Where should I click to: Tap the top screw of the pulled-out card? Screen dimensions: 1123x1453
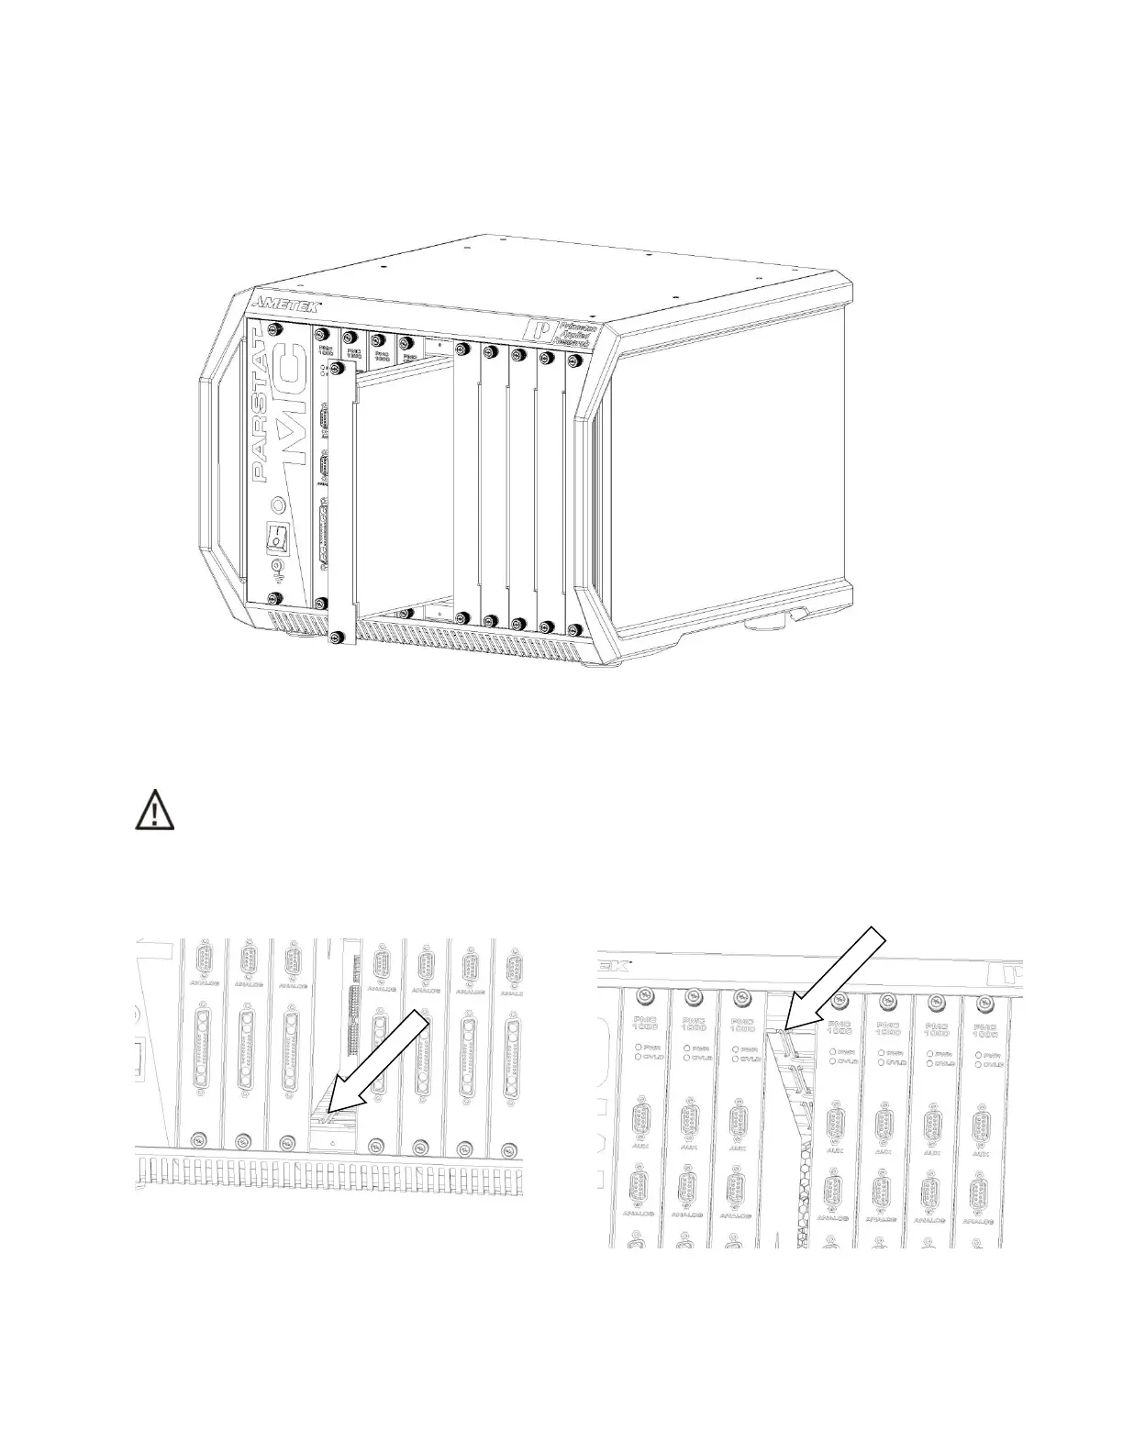(x=339, y=368)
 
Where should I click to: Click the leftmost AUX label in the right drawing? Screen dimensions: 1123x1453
(x=643, y=1148)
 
